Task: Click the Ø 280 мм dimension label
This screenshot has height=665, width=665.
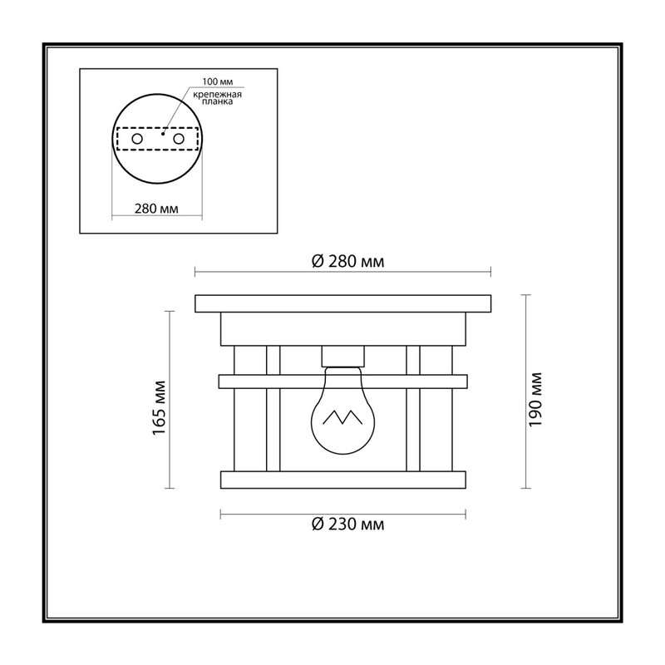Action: pyautogui.click(x=347, y=261)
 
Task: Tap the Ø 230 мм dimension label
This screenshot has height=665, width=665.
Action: pyautogui.click(x=347, y=525)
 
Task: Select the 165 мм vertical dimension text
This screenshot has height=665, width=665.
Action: pyautogui.click(x=159, y=407)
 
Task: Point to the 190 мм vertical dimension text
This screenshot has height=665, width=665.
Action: pyautogui.click(x=535, y=400)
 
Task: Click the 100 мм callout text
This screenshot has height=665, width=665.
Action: pyautogui.click(x=218, y=81)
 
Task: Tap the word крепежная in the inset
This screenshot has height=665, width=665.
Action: pyautogui.click(x=217, y=95)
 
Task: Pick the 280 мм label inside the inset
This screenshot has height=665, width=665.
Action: pyautogui.click(x=156, y=209)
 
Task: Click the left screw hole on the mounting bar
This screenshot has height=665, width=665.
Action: pyautogui.click(x=137, y=139)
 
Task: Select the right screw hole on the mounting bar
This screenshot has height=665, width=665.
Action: pyautogui.click(x=179, y=139)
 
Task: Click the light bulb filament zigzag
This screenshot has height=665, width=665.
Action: pyautogui.click(x=342, y=417)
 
